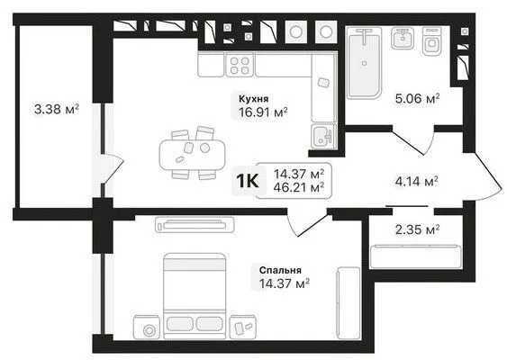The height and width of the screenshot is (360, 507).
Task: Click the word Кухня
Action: click(254, 99)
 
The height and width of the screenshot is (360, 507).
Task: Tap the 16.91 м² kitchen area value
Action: click(263, 112)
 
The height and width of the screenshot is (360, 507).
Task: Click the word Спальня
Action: click(280, 270)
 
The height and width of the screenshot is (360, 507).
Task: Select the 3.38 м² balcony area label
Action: click(57, 109)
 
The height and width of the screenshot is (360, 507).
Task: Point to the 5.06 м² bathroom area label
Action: click(417, 98)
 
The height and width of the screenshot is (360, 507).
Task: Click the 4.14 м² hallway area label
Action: click(416, 182)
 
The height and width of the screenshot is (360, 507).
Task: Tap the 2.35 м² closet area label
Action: click(417, 230)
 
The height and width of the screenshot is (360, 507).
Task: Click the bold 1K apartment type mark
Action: click(248, 181)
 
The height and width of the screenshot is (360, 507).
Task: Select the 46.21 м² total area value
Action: click(299, 187)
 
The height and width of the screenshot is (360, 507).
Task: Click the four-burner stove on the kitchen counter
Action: click(240, 66)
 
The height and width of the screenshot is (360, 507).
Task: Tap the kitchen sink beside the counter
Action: click(323, 137)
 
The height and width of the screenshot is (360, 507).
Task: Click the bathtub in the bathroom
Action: click(364, 63)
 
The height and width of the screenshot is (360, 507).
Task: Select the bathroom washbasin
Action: click(403, 38)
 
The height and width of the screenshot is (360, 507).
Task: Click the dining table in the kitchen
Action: click(192, 154)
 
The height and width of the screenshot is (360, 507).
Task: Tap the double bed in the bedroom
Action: click(195, 296)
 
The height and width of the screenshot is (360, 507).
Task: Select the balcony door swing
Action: click(113, 169)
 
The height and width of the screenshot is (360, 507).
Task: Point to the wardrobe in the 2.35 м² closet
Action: click(415, 256)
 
